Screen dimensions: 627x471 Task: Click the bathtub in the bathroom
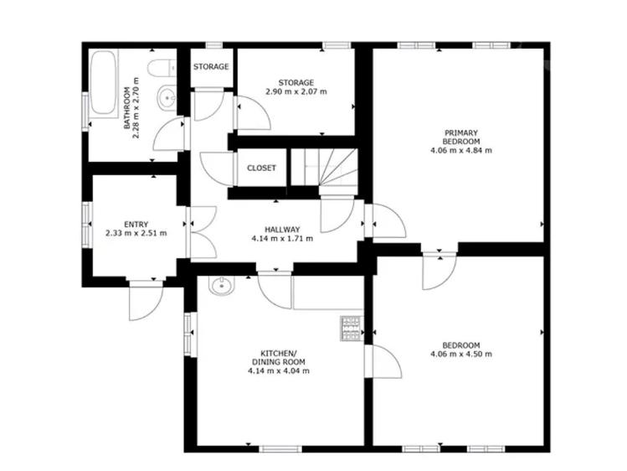coord(104,84)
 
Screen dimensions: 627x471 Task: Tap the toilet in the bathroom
coord(162,67)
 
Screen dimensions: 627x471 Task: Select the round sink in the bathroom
coord(166,97)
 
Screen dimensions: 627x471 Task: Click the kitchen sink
coord(222,286)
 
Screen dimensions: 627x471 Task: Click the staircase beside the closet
coord(324,168)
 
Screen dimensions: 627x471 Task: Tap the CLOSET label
coord(261,168)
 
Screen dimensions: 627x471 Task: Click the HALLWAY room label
coord(282,230)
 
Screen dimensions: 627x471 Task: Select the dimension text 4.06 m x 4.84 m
coord(461,151)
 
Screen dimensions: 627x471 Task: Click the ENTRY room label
coord(136,224)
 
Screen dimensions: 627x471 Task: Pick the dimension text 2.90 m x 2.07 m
coord(296,91)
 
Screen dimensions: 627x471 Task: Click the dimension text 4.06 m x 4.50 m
coord(461,354)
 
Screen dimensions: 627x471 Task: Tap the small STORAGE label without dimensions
coord(211,66)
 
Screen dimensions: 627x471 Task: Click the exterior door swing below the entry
coord(146,300)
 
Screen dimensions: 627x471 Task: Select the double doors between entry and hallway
coord(203,232)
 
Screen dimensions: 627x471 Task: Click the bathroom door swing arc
coord(168,134)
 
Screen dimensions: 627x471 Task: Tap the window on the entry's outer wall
coord(87,225)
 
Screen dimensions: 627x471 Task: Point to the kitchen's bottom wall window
coord(280,449)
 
